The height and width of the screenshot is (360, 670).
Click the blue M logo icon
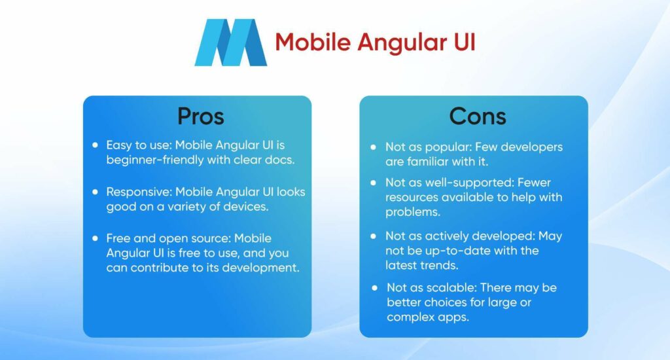[x=230, y=43]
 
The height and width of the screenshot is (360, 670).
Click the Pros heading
[x=200, y=116]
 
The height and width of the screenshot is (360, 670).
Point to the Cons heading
[x=477, y=116]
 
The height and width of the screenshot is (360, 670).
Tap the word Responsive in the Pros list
[x=136, y=192]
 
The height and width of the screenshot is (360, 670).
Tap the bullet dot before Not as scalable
[x=374, y=288]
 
